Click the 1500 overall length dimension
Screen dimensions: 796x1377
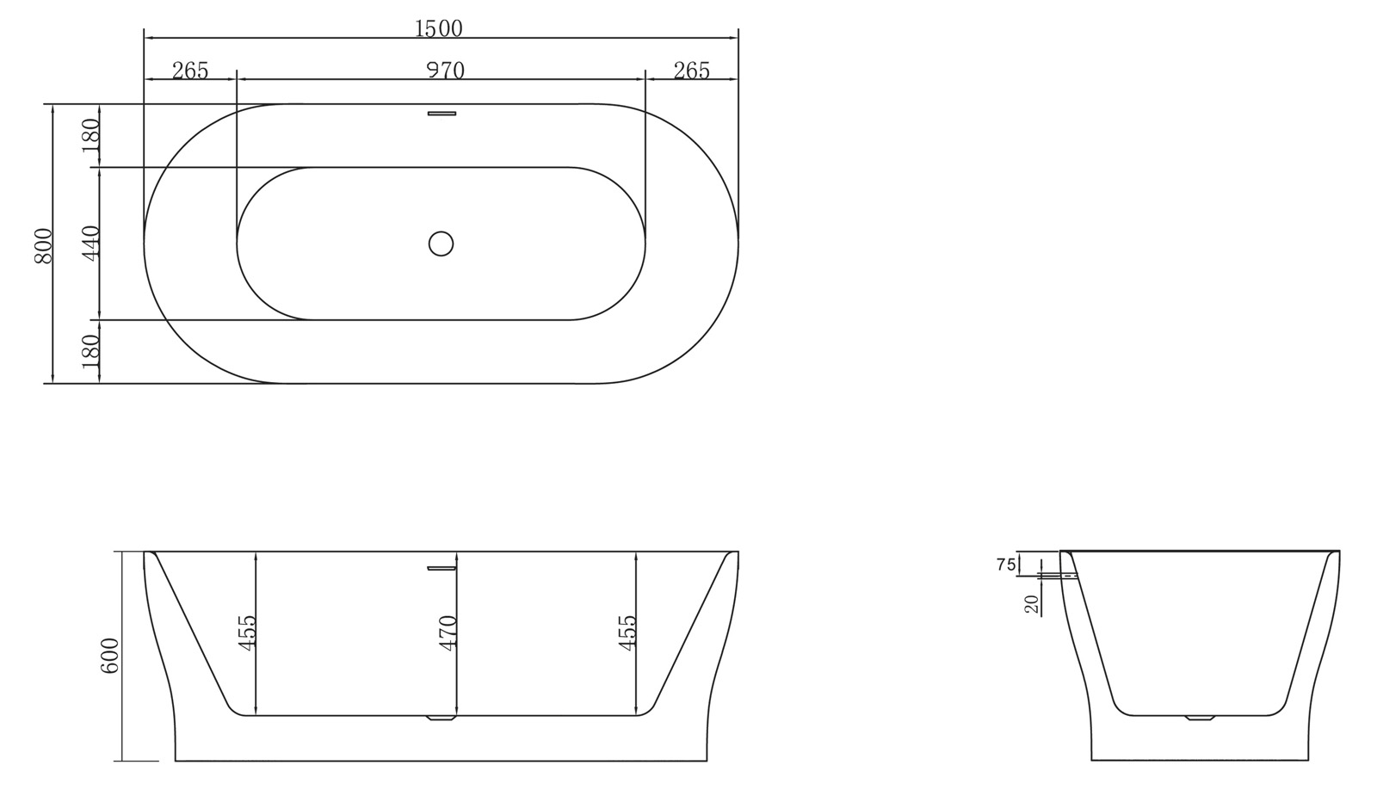439,28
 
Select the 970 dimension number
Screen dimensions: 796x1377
446,71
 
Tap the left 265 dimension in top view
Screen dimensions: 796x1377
190,71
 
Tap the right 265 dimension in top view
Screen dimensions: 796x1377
692,71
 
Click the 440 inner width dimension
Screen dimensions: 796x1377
92,243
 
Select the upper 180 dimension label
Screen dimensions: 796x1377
92,135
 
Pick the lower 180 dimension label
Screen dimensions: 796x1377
92,351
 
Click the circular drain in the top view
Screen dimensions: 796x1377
441,244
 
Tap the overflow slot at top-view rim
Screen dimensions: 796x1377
442,113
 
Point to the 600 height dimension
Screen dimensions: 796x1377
110,656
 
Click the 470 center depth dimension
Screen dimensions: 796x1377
447,632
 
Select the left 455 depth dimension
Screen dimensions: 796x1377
248,632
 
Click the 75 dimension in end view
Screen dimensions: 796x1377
1005,565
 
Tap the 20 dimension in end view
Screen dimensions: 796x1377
1033,603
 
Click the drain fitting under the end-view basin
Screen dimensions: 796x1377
1200,719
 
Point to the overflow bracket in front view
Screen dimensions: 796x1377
442,567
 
